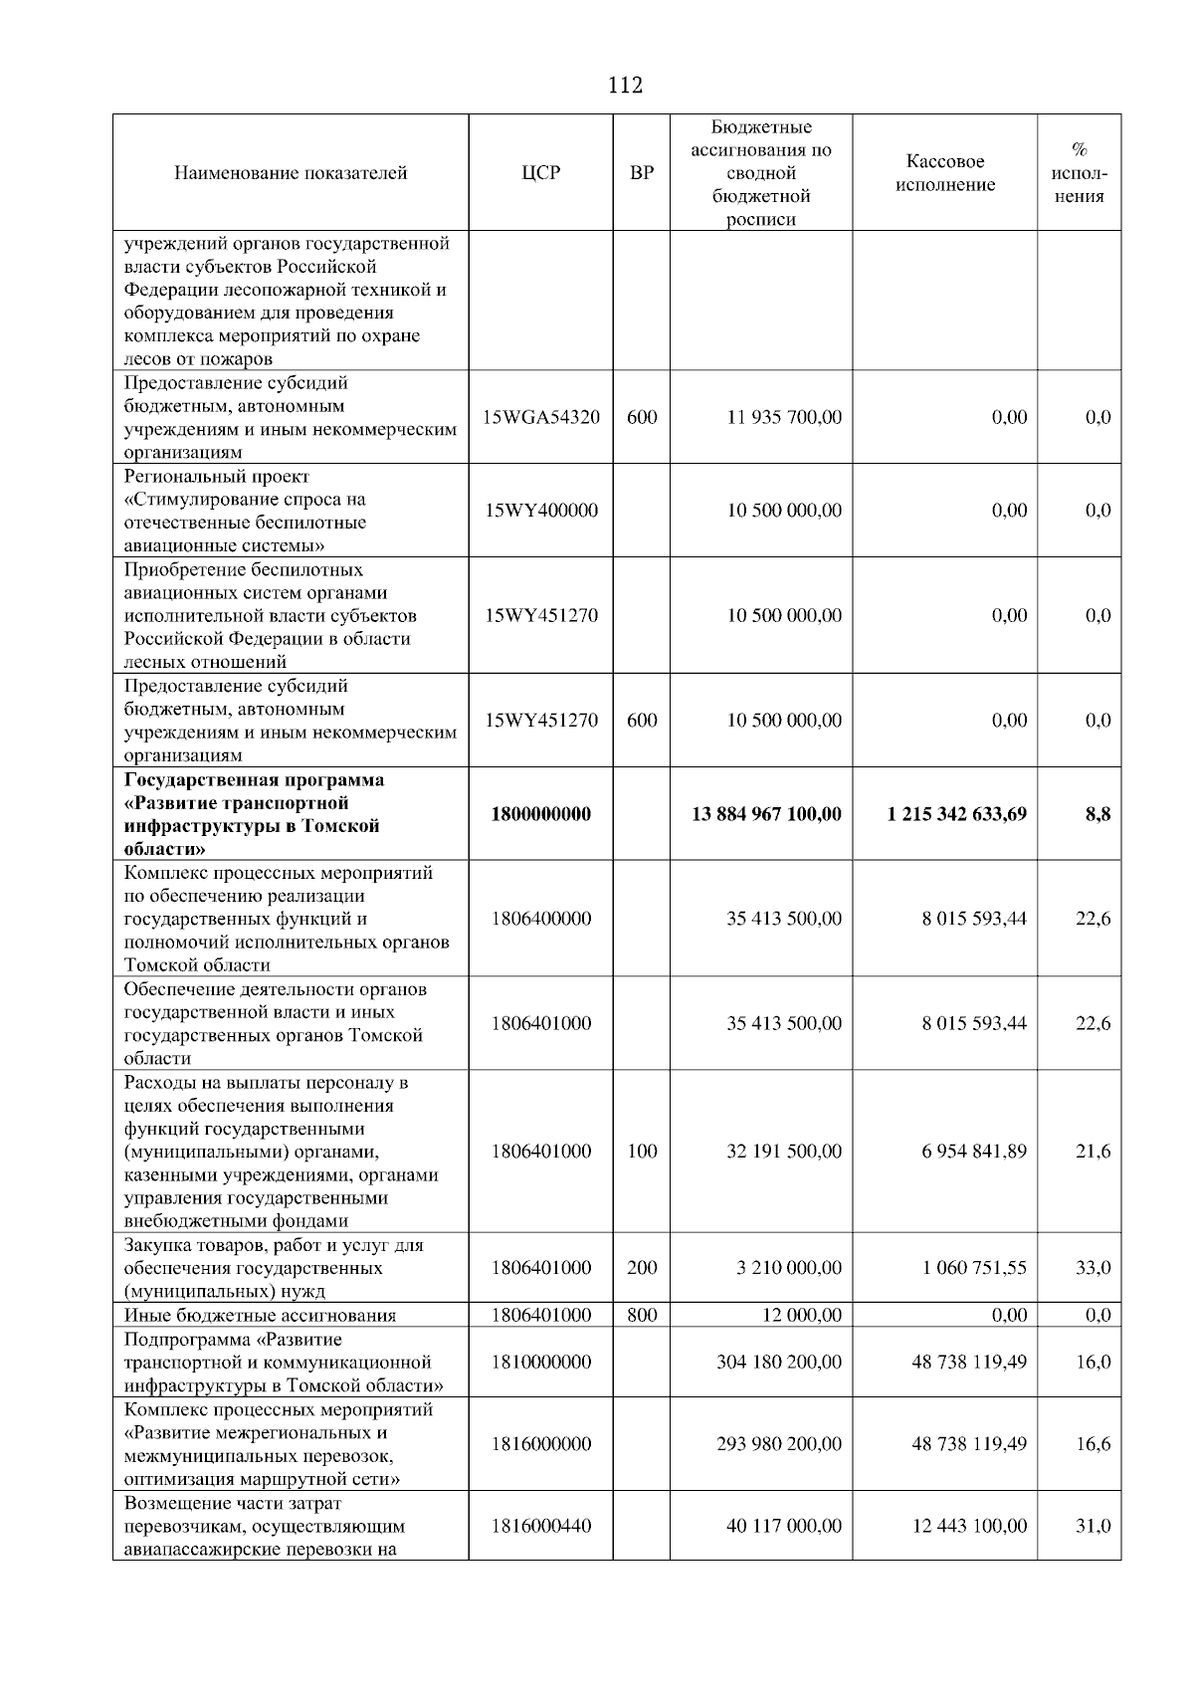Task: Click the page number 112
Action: coord(625,86)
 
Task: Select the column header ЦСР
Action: coord(540,173)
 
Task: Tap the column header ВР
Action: coord(643,173)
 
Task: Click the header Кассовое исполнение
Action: coord(945,173)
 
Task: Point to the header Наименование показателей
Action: coord(291,173)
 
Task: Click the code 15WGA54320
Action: coord(541,417)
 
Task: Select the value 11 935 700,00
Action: coord(784,417)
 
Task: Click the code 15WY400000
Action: coord(541,511)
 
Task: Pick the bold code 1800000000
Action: coord(541,814)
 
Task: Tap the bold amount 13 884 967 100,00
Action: coord(766,814)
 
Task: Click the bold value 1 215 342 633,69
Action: coord(957,814)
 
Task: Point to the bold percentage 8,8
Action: coord(1097,814)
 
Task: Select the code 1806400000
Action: coord(541,919)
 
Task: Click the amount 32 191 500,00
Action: coord(784,1152)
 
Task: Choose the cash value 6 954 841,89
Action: coord(974,1152)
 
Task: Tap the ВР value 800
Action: coord(643,1315)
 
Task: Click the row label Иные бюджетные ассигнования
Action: coord(260,1316)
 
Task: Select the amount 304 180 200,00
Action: coord(779,1362)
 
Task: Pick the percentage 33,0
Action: coord(1094,1268)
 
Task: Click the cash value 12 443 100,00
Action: coord(969,1526)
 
